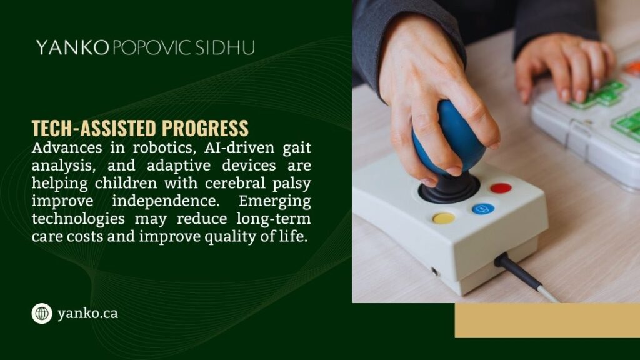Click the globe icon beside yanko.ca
pos(42,313)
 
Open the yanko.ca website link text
pos(87,314)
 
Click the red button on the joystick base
pos(500,187)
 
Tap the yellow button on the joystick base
pos(444,218)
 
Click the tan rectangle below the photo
pos(547,321)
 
